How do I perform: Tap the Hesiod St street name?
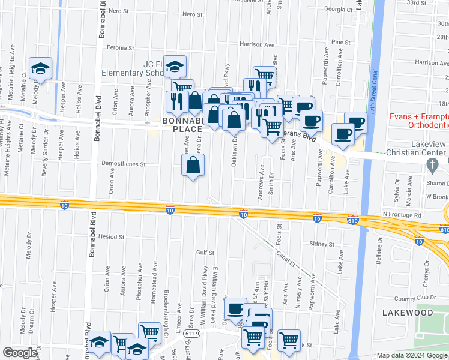(x=112, y=237)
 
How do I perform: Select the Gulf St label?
(x=205, y=253)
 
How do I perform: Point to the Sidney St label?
(x=322, y=244)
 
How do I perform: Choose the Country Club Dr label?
(x=413, y=298)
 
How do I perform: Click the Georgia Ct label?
(x=338, y=9)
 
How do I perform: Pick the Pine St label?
(x=340, y=43)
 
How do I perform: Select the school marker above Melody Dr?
(x=41, y=69)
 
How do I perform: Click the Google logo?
(x=20, y=353)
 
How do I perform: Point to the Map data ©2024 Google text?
(x=412, y=355)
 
